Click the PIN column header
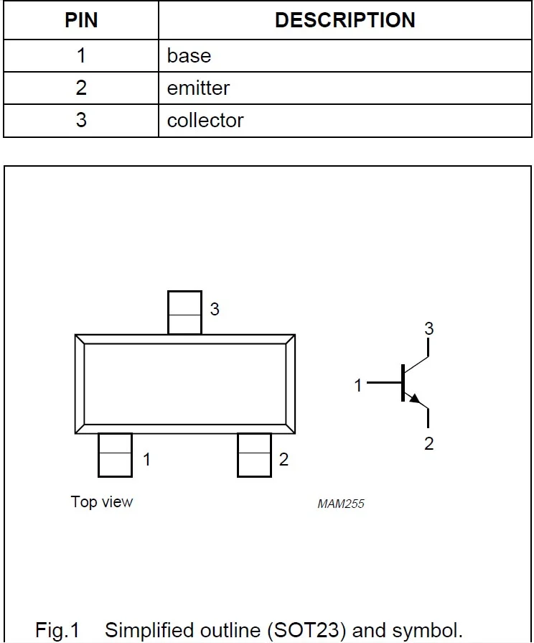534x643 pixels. point(81,20)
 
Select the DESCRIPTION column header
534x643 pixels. point(345,20)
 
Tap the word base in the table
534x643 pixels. point(189,56)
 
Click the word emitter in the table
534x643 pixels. point(198,88)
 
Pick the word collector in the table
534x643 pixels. point(205,121)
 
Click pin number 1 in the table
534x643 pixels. point(81,55)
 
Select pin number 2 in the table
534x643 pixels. point(81,88)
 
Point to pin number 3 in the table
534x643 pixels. point(81,120)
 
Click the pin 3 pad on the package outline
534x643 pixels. point(185,313)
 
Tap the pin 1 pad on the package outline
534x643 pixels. point(115,455)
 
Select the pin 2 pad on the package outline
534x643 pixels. point(255,455)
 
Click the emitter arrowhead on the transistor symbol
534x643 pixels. point(415,399)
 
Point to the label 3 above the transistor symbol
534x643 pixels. point(428,328)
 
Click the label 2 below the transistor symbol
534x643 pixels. point(428,444)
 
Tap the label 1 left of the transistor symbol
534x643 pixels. point(358,386)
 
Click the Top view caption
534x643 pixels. point(102,502)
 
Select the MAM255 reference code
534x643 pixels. point(341,504)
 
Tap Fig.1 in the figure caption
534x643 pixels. point(57,630)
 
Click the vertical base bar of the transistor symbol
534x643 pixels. point(403,383)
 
